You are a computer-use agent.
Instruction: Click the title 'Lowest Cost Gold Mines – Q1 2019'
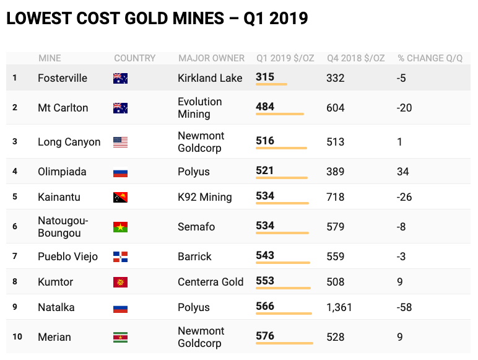(x=157, y=19)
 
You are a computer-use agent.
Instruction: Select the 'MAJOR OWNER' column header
(x=211, y=58)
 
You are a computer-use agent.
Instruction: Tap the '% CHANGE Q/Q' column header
(x=430, y=58)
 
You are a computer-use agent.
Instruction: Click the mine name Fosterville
(x=63, y=78)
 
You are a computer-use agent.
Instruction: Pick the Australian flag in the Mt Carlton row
(x=120, y=108)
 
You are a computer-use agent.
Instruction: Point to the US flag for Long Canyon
(x=120, y=142)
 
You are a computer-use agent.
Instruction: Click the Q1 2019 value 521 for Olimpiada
(x=264, y=170)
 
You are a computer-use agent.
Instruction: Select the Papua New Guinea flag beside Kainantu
(x=120, y=198)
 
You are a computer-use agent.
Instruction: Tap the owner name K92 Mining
(x=204, y=197)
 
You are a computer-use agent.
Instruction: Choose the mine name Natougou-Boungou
(x=63, y=227)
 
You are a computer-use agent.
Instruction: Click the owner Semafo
(x=196, y=227)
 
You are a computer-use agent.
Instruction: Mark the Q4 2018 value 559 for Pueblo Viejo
(x=335, y=257)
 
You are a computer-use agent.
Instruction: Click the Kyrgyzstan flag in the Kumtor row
(x=120, y=283)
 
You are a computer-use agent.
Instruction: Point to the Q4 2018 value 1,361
(x=339, y=307)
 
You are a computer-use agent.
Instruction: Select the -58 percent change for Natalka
(x=405, y=307)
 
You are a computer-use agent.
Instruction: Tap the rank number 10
(x=17, y=337)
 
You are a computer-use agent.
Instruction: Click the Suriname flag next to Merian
(x=120, y=338)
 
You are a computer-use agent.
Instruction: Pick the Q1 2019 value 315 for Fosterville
(x=264, y=77)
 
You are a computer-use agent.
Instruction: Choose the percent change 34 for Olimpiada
(x=402, y=172)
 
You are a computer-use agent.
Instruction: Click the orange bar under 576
(x=284, y=343)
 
